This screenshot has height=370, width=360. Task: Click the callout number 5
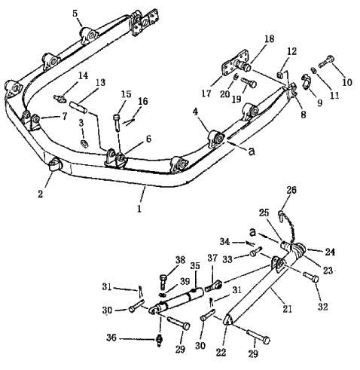(x=75, y=14)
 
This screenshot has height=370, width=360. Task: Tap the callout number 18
(x=269, y=39)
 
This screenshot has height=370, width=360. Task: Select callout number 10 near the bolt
(x=347, y=82)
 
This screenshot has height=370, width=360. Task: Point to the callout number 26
(x=291, y=190)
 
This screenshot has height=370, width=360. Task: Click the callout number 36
(x=111, y=338)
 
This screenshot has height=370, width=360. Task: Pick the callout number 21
(x=287, y=309)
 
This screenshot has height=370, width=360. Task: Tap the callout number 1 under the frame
(x=139, y=208)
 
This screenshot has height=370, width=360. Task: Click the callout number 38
(x=180, y=260)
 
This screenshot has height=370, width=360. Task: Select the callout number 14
(x=83, y=75)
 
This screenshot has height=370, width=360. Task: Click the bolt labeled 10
(x=326, y=62)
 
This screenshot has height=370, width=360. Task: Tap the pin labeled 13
(x=78, y=107)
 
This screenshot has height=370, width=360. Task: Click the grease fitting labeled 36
(x=159, y=341)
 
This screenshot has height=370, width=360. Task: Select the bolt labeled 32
(x=311, y=277)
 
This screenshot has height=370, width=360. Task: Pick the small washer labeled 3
(x=84, y=143)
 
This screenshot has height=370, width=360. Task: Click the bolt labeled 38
(x=163, y=282)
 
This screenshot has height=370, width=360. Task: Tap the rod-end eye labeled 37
(x=214, y=286)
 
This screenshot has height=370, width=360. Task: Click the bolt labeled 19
(x=249, y=82)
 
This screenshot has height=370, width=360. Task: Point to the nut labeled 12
(x=279, y=75)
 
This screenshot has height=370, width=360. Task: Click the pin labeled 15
(x=117, y=122)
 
